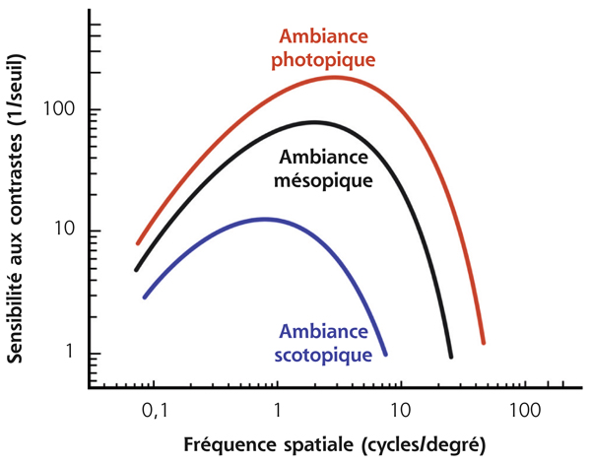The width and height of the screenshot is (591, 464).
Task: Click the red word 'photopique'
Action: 325,59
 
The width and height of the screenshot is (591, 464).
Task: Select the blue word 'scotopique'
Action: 326,352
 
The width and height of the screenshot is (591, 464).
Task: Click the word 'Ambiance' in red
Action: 324,36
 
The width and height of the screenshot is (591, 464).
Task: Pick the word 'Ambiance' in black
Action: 325,158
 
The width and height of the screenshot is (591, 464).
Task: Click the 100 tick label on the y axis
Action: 62,109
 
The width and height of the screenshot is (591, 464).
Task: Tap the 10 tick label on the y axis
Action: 66,232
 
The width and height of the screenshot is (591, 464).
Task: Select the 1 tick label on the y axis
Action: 71,355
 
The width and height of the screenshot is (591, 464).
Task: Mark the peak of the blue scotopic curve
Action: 263,219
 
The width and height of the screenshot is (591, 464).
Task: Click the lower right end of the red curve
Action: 484,343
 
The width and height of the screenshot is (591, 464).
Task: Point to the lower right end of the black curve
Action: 451,357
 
